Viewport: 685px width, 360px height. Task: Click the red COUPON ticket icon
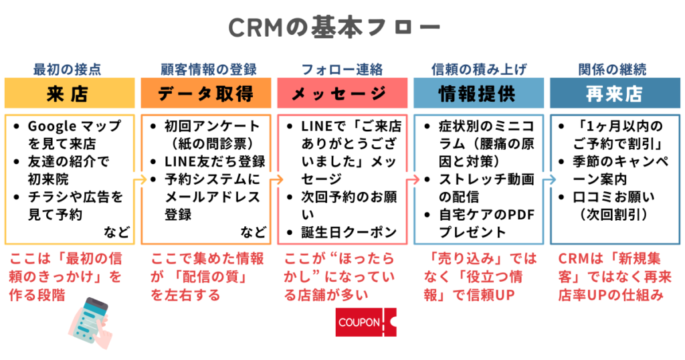pos(365,322)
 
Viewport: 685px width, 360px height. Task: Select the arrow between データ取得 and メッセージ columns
pos(274,179)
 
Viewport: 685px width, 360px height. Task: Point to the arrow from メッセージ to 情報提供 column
pos(411,179)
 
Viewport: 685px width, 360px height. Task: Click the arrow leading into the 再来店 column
pos(547,179)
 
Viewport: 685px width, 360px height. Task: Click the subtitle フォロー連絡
pos(342,69)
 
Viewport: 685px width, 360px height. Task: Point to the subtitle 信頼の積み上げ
pos(478,69)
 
